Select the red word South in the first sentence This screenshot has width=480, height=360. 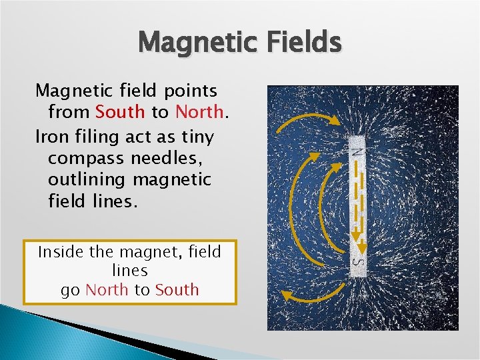(x=120, y=112)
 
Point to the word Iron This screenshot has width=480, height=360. (x=51, y=137)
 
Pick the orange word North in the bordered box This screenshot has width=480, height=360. (x=107, y=290)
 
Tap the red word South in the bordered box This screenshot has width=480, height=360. (x=177, y=290)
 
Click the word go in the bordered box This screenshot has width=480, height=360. (x=71, y=291)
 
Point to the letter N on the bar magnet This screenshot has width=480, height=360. (x=359, y=151)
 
